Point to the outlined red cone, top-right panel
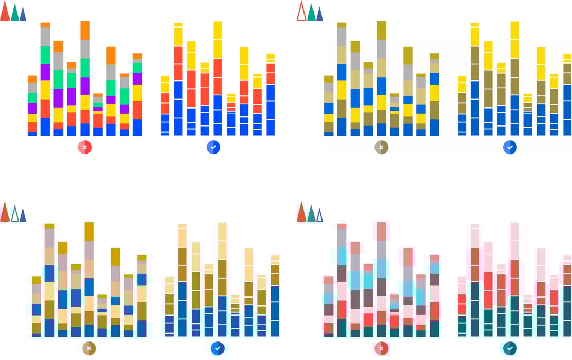click(x=301, y=12)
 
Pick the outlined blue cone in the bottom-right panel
click(x=319, y=215)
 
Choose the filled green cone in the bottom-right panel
click(x=311, y=214)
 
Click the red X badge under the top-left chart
click(x=85, y=147)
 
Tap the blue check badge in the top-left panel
click(x=213, y=147)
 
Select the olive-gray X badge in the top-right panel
click(x=381, y=147)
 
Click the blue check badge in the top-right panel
click(x=510, y=147)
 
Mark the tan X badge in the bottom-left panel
click(x=89, y=348)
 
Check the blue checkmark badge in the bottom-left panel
click(x=218, y=348)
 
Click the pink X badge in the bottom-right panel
click(x=381, y=348)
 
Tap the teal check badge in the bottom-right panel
click(x=510, y=348)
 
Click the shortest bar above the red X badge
click(x=98, y=115)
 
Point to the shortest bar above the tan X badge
click(x=102, y=316)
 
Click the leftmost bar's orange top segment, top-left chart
click(x=32, y=79)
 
